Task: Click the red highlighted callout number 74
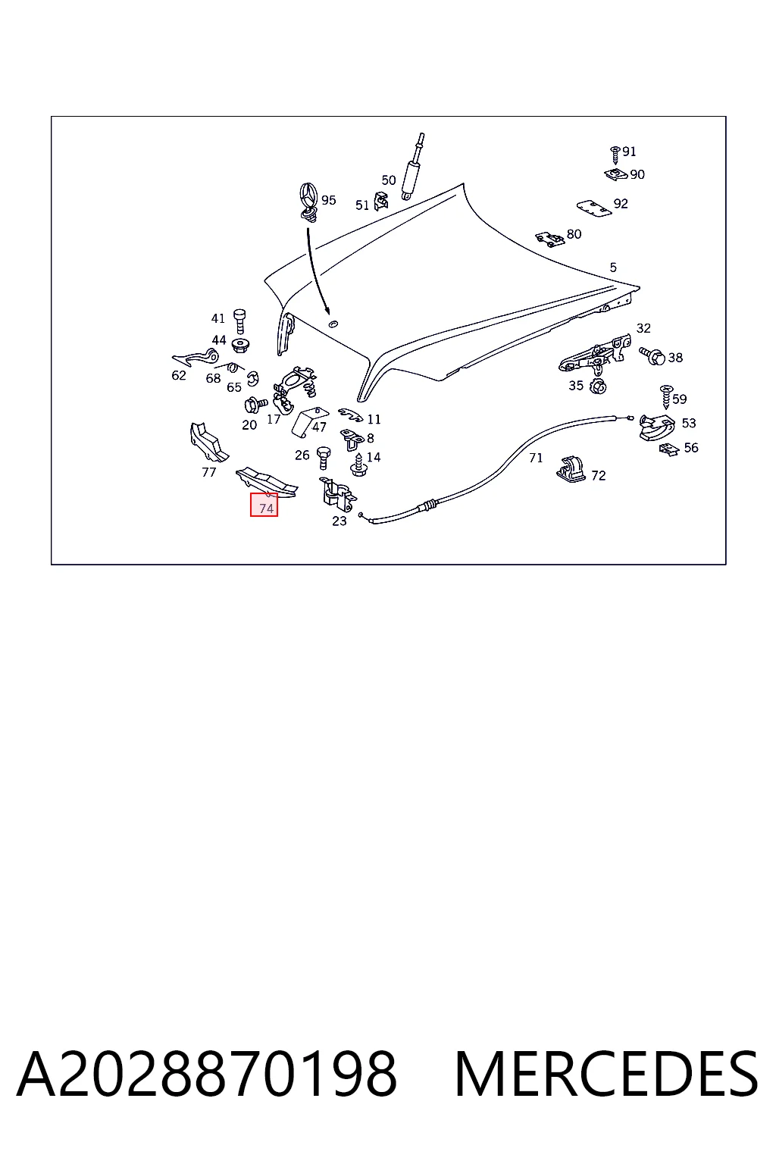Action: [x=264, y=505]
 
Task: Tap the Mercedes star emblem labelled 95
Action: [x=308, y=202]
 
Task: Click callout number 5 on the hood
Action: [x=613, y=268]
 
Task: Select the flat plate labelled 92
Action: [x=594, y=208]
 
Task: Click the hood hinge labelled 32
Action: [x=594, y=355]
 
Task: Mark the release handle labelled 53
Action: [x=656, y=427]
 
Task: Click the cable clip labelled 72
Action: [x=572, y=470]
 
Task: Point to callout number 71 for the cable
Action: [x=536, y=458]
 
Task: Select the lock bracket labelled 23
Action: [x=336, y=493]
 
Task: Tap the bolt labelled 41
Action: [x=239, y=321]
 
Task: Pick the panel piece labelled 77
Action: [x=208, y=442]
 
